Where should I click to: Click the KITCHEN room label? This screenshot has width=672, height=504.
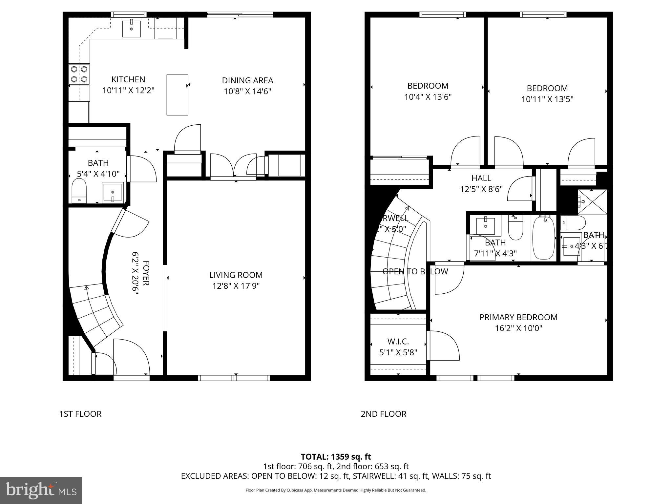[x=128, y=79]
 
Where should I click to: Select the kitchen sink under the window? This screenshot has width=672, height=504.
[x=131, y=29]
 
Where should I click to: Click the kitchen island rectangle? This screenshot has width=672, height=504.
[x=177, y=95]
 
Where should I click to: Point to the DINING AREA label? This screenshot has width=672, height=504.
[x=247, y=80]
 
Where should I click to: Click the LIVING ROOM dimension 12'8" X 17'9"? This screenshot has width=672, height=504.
[x=236, y=286]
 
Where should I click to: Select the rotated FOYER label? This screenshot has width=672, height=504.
[x=146, y=273]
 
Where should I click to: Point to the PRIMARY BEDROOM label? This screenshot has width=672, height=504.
[x=518, y=317]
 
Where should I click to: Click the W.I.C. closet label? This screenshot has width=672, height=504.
[x=398, y=342]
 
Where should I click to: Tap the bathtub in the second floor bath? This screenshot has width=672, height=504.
[x=544, y=238]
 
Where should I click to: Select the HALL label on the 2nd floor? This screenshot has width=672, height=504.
[x=481, y=178]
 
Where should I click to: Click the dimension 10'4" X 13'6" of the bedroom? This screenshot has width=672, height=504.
[x=428, y=97]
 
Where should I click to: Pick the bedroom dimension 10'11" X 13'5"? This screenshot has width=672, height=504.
[x=547, y=99]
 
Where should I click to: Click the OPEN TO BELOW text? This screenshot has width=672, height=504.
[x=415, y=271]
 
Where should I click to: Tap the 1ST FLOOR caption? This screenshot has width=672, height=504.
[x=80, y=414]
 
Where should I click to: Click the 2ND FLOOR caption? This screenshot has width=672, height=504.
[x=383, y=414]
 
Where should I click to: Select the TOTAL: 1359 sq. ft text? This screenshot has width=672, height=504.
[x=336, y=457]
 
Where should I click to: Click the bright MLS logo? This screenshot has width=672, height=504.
[x=41, y=490]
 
